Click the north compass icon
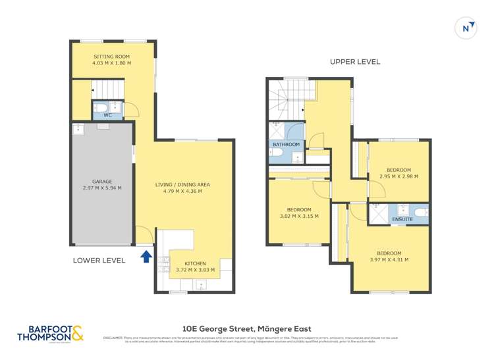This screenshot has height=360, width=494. click(x=466, y=28)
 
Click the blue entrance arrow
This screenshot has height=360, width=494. click(x=145, y=256)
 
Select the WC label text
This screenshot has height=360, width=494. click(x=107, y=115)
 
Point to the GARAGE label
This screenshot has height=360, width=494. click(x=101, y=181)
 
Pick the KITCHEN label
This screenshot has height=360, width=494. click(x=195, y=263)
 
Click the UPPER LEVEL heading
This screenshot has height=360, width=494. click(x=355, y=62)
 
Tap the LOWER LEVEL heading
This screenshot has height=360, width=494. click(x=99, y=261)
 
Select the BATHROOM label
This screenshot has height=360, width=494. click(x=287, y=144)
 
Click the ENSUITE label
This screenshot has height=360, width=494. click(x=402, y=219)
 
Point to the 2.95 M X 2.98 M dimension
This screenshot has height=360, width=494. click(x=398, y=176)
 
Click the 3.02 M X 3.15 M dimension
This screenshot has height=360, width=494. click(x=299, y=216)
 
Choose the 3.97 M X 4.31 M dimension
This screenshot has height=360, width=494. click(x=389, y=259)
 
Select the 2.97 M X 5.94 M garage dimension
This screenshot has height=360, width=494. click(x=101, y=188)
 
